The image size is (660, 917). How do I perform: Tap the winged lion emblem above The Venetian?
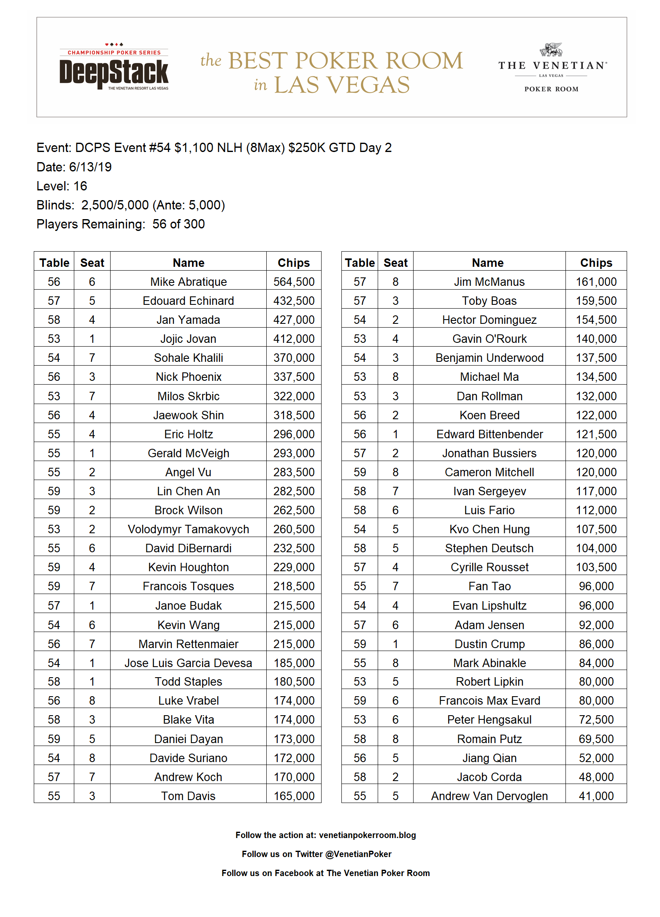pyautogui.click(x=551, y=50)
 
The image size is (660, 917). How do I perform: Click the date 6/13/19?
pyautogui.click(x=90, y=167)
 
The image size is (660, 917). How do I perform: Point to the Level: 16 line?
pyautogui.click(x=62, y=186)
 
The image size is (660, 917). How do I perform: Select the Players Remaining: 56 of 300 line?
pyautogui.click(x=120, y=224)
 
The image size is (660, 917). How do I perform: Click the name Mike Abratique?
pyautogui.click(x=188, y=282)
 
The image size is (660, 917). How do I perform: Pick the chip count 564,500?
pyautogui.click(x=294, y=282)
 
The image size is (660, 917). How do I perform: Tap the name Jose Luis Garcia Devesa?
pyautogui.click(x=188, y=663)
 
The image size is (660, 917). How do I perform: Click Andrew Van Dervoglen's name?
pyautogui.click(x=489, y=796)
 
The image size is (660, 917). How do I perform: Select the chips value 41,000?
pyautogui.click(x=596, y=796)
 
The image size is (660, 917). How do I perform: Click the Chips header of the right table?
pyautogui.click(x=596, y=263)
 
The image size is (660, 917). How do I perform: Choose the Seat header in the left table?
pyautogui.click(x=92, y=263)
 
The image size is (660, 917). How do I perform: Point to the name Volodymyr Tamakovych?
pyautogui.click(x=188, y=529)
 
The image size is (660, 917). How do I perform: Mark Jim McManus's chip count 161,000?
pyautogui.click(x=596, y=282)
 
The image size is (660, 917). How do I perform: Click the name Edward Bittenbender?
pyautogui.click(x=489, y=434)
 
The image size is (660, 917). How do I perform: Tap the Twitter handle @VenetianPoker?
pyautogui.click(x=358, y=854)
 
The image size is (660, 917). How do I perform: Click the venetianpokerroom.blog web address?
pyautogui.click(x=367, y=835)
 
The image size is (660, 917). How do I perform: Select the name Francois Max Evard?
pyautogui.click(x=489, y=700)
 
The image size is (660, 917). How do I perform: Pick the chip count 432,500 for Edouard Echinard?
pyautogui.click(x=294, y=301)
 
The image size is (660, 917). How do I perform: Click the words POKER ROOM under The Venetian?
pyautogui.click(x=551, y=89)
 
